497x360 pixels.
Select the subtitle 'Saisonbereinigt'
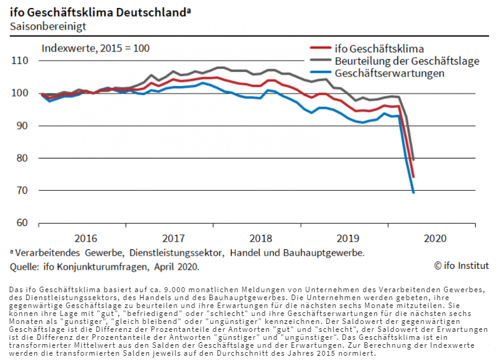(x=48, y=26)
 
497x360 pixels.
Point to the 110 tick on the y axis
(x=20, y=61)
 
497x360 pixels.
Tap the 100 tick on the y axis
(x=20, y=93)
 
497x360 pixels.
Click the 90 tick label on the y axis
(x=23, y=125)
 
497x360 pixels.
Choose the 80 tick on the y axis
(x=23, y=158)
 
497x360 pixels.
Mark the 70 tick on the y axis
(x=23, y=190)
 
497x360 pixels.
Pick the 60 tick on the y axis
(x=23, y=222)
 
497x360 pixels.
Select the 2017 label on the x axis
(x=174, y=238)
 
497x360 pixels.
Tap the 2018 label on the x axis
(x=261, y=238)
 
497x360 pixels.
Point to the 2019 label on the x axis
(x=348, y=238)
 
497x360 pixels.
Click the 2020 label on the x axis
(x=435, y=238)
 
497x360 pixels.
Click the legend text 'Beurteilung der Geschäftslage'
(x=407, y=61)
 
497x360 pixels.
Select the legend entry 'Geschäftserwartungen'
(x=389, y=73)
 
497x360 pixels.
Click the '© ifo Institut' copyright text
(x=461, y=265)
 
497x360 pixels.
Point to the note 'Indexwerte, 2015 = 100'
(x=95, y=48)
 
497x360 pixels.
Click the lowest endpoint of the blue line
(x=414, y=193)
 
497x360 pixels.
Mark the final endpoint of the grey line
(x=414, y=160)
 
